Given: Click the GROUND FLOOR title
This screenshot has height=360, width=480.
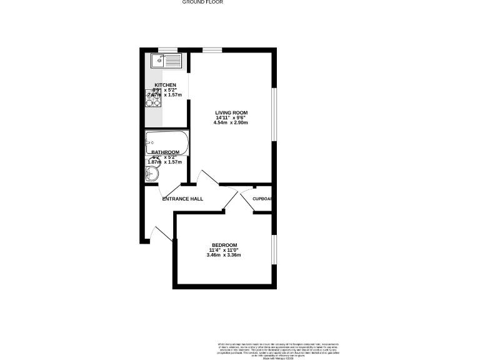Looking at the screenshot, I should pos(202,2).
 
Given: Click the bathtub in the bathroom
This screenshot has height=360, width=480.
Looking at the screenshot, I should pos(166,140).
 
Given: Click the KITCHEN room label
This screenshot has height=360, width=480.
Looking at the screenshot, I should pos(165,85).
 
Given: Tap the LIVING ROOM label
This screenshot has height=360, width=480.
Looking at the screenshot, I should pos(232,112).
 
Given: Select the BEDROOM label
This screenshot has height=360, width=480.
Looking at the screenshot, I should pos(224,244).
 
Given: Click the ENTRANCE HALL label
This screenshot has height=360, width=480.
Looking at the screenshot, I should pos(182,199).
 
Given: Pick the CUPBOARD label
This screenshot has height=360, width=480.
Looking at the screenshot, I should pos(262,199).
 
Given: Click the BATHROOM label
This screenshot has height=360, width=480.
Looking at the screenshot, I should pos(166,152).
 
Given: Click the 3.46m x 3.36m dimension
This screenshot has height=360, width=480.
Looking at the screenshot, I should pos(224,255).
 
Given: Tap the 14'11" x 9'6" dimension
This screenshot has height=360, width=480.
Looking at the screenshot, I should pos(232,117).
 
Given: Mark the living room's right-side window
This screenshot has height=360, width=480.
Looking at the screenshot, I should pos(274,112).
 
